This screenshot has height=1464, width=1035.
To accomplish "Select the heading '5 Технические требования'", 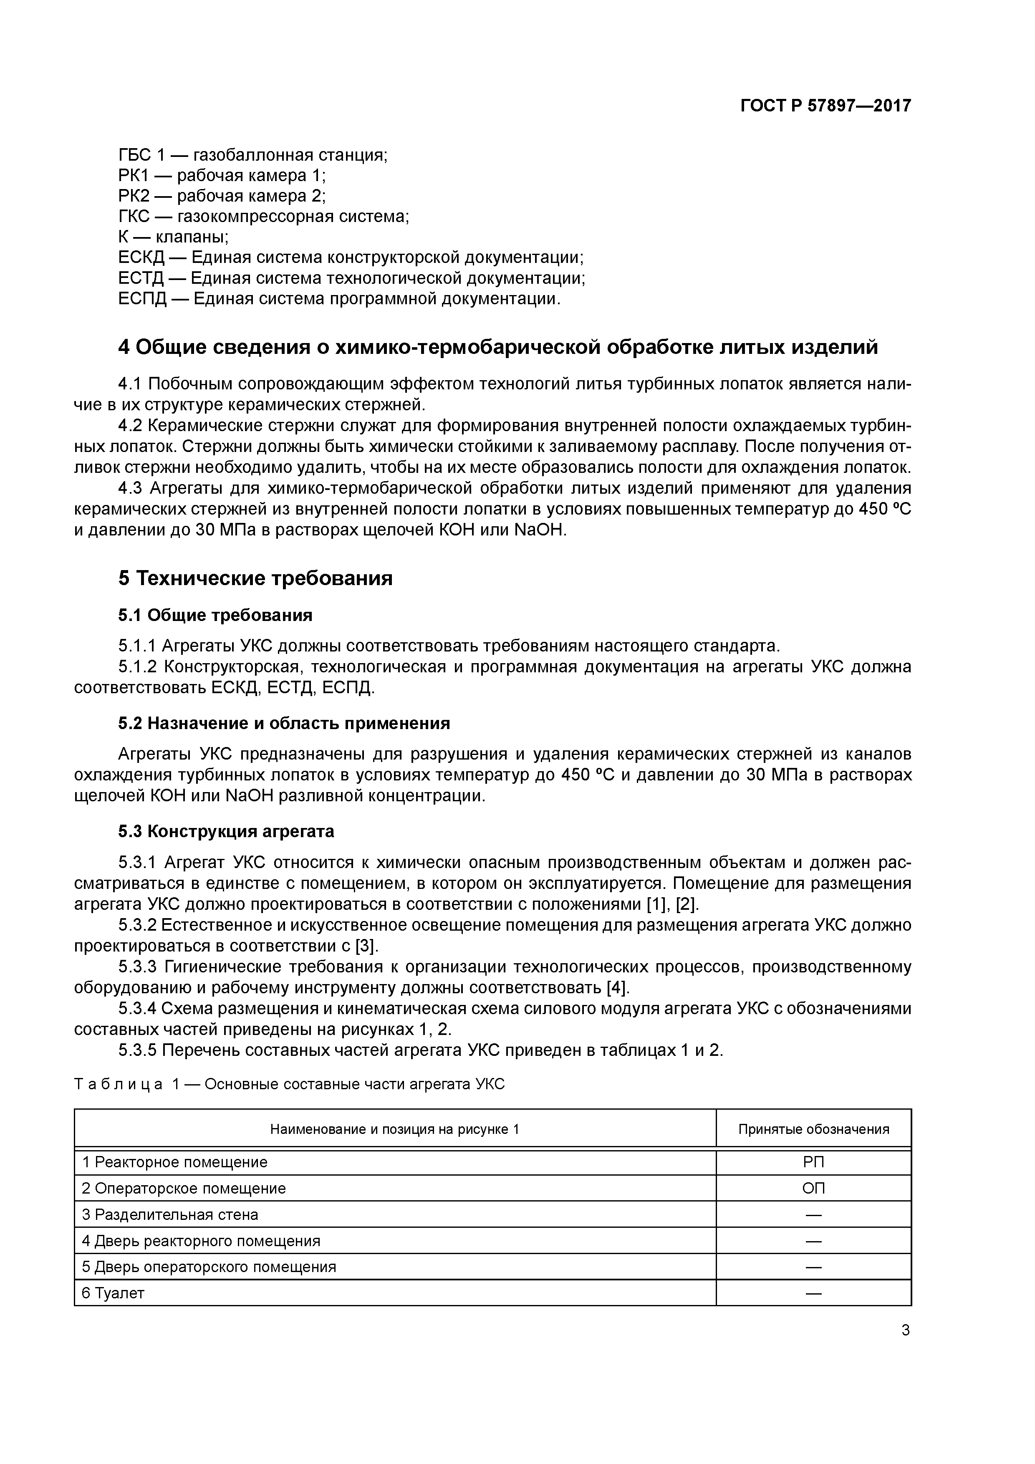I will (255, 578).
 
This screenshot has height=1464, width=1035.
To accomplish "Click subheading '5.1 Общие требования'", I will (215, 615).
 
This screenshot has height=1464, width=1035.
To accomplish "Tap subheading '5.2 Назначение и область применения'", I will (284, 723).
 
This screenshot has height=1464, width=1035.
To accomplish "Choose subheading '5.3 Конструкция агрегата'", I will (226, 831).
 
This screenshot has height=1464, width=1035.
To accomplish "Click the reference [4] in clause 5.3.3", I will (617, 988).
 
